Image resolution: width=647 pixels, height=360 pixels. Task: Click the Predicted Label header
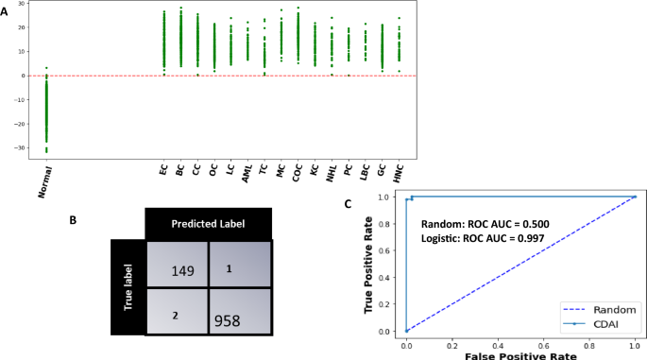click(208, 223)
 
